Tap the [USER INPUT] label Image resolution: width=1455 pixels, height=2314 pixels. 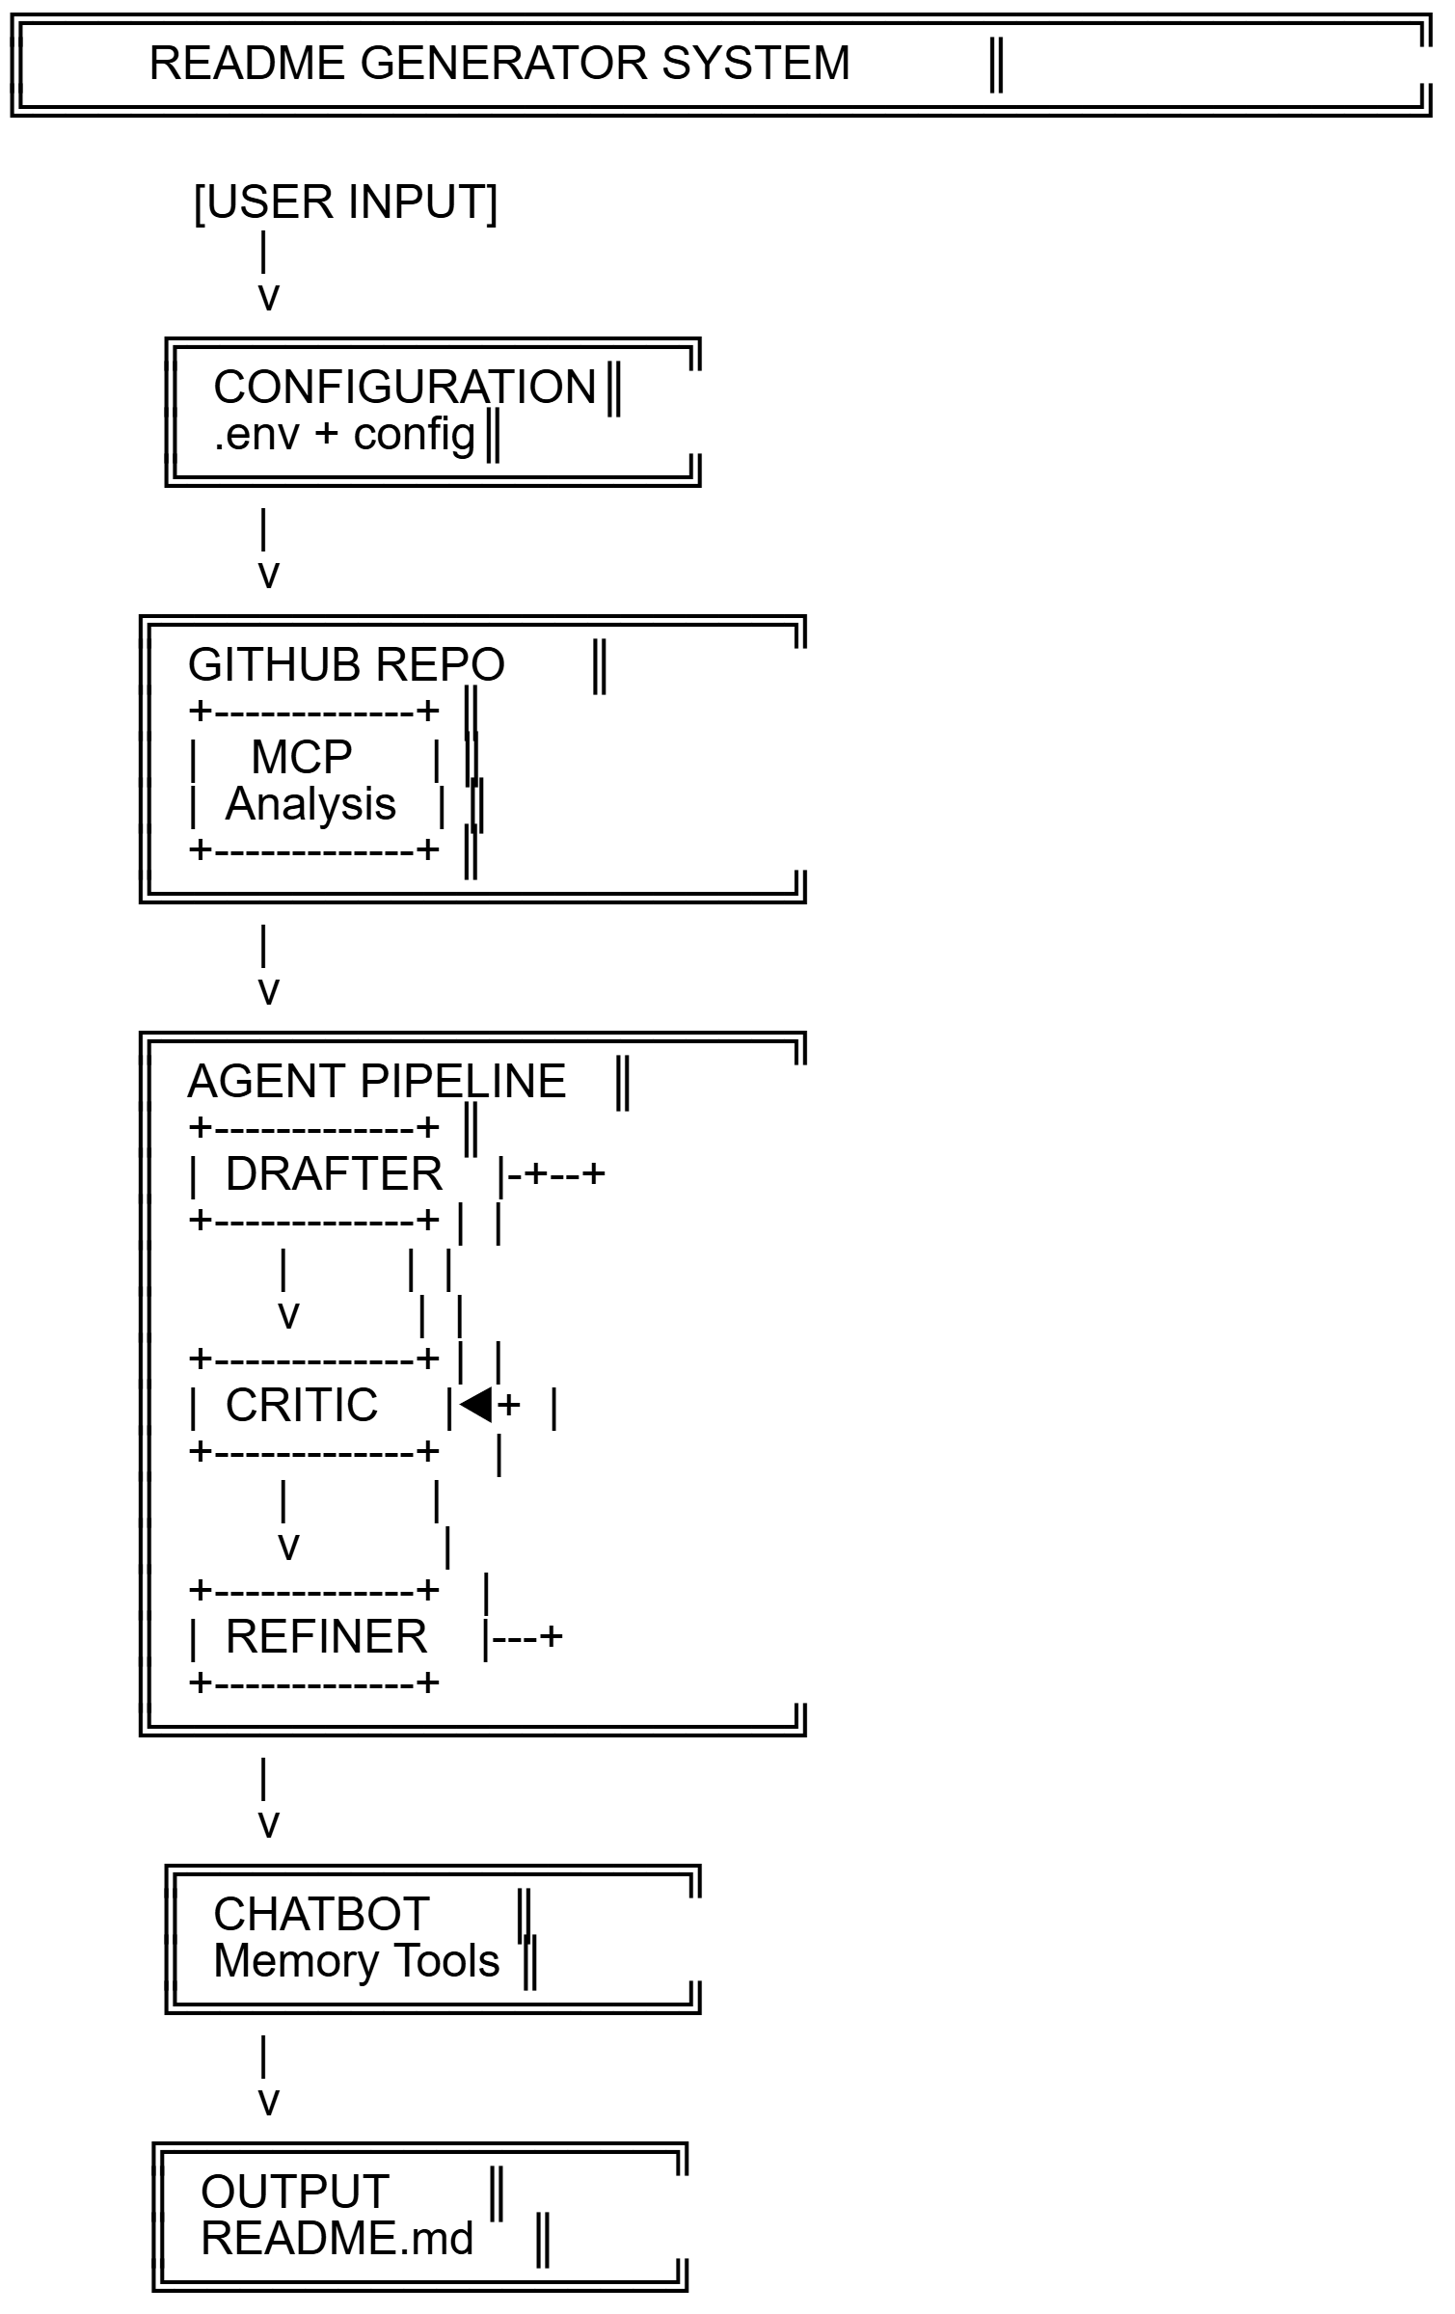click(345, 202)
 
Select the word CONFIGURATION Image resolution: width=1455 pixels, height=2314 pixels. click(405, 388)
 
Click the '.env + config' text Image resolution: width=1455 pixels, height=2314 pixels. click(344, 434)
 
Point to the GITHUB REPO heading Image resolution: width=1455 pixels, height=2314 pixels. click(346, 665)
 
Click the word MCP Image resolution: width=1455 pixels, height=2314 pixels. click(301, 758)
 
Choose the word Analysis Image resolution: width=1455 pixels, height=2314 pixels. click(310, 804)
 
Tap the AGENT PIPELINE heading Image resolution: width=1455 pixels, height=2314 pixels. click(376, 1082)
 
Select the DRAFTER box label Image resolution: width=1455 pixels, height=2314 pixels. click(334, 1174)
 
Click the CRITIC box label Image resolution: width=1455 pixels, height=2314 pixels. click(302, 1406)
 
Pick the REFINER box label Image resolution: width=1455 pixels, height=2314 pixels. click(326, 1637)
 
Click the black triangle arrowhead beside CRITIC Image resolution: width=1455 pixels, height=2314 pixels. click(476, 1405)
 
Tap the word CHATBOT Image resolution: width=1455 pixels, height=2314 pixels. click(321, 1915)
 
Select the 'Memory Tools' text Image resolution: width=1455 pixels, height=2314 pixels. click(357, 1961)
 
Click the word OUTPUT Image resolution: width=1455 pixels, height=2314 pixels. click(295, 2193)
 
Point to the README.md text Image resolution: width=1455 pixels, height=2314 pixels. click(337, 2239)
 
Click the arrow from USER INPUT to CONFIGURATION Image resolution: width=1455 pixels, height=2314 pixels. click(266, 272)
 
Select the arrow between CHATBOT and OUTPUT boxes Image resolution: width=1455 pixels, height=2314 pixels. click(266, 2077)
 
